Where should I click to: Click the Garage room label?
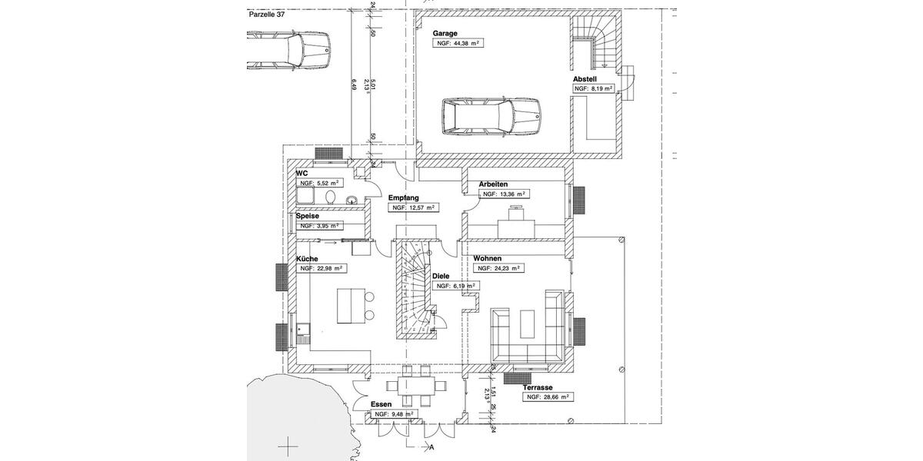tap(445, 34)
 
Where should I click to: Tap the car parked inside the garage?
tap(489, 118)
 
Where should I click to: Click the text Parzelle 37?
tap(268, 14)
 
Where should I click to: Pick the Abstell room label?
tap(585, 79)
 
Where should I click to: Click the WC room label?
tap(302, 174)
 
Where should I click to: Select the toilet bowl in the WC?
tap(331, 198)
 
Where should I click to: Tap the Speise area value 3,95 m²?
tap(322, 226)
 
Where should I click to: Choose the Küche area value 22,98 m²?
tap(322, 269)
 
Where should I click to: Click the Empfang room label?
tap(403, 197)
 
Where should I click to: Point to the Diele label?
tap(441, 275)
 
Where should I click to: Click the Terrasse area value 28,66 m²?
tap(548, 397)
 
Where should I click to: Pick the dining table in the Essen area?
tap(411, 386)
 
